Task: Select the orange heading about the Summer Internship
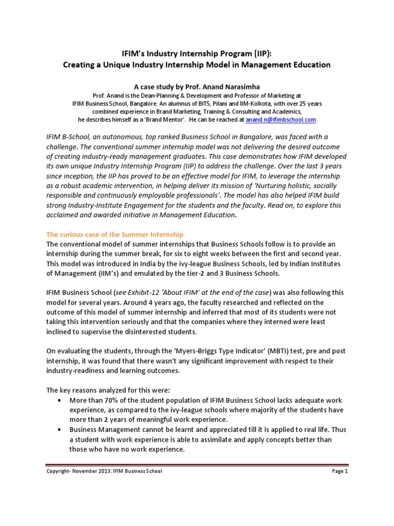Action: (115, 234)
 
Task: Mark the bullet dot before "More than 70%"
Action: (62, 400)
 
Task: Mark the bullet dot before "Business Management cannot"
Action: (62, 429)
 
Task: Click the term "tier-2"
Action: (198, 273)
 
